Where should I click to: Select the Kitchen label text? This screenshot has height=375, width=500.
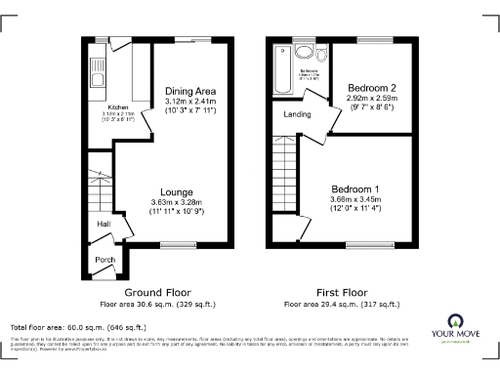[x=117, y=107]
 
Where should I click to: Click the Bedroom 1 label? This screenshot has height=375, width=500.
[x=356, y=187]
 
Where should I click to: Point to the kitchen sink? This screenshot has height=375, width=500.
[x=97, y=68]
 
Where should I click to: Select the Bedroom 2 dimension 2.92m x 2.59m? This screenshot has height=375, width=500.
[x=371, y=99]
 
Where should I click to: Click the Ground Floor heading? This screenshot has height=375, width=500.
[x=157, y=292]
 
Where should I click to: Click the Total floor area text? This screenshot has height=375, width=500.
[x=78, y=326]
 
